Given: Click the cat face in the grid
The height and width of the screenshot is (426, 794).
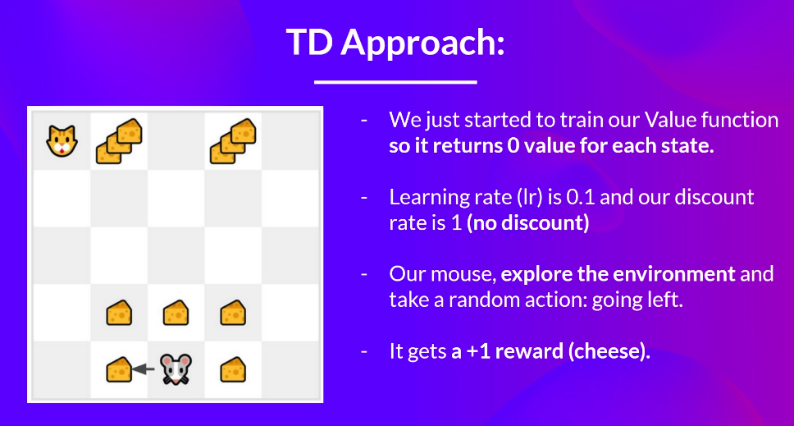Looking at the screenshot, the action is pyautogui.click(x=62, y=141).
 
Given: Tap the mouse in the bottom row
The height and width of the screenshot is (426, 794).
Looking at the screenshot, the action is pyautogui.click(x=176, y=369).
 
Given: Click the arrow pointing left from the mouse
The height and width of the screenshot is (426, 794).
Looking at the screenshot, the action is pyautogui.click(x=143, y=369).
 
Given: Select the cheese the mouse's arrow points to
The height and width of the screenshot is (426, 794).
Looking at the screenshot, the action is pyautogui.click(x=119, y=369).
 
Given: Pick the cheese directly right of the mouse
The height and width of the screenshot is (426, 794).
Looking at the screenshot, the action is pyautogui.click(x=233, y=369).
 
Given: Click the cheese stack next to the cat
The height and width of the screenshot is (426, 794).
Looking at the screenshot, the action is pyautogui.click(x=119, y=141).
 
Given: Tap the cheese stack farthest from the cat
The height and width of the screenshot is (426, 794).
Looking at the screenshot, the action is pyautogui.click(x=233, y=141).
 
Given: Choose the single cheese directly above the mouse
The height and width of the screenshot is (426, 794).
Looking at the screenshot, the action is pyautogui.click(x=176, y=313).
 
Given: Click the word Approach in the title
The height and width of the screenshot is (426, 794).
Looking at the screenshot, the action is pyautogui.click(x=422, y=44).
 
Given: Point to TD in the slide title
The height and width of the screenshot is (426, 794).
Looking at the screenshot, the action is pyautogui.click(x=309, y=42).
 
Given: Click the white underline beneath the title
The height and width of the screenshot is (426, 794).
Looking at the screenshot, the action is pyautogui.click(x=395, y=81).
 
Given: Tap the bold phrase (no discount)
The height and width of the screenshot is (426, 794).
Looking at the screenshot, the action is pyautogui.click(x=527, y=223).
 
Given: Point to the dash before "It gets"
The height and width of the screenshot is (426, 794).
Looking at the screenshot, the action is pyautogui.click(x=364, y=351).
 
